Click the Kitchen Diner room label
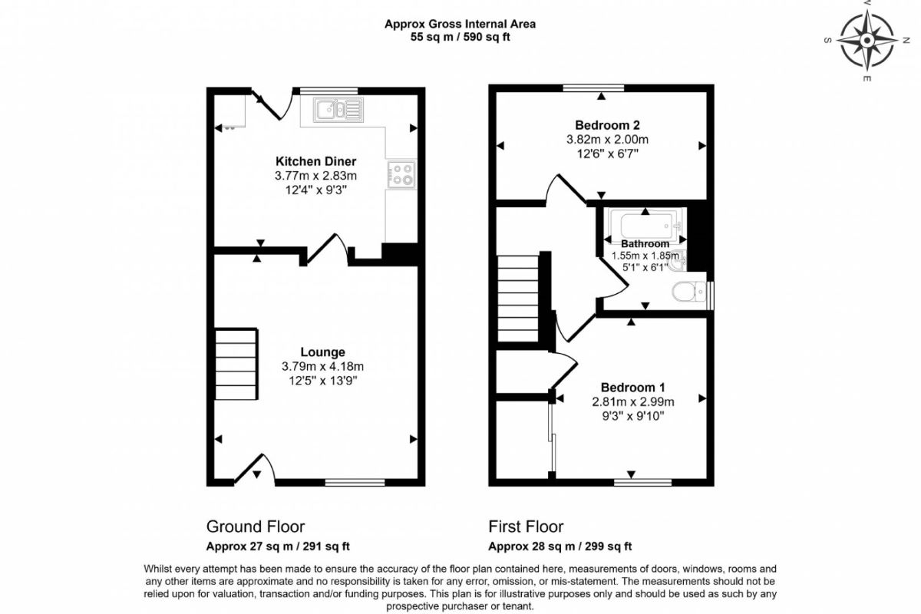tap(315, 161)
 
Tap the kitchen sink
tap(338, 110)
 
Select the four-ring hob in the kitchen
tap(401, 174)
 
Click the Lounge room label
tap(323, 352)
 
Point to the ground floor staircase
tap(236, 364)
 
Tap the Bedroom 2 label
tap(607, 125)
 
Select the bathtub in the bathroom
tap(645, 224)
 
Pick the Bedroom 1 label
tap(632, 388)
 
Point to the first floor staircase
tap(518, 299)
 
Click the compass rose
tap(867, 41)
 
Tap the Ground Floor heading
tap(256, 527)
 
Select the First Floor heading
tap(526, 527)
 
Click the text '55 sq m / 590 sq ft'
tap(460, 37)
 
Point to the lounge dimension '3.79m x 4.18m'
tap(323, 366)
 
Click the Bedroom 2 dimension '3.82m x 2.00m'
tap(607, 140)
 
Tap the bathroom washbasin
tap(676, 261)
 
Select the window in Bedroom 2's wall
tap(593, 87)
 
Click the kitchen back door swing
tap(273, 105)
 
